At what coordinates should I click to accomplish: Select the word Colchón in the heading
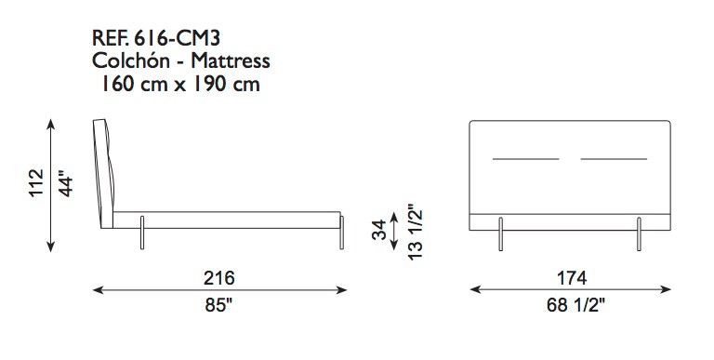pyautogui.click(x=131, y=60)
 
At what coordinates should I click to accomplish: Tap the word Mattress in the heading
pyautogui.click(x=231, y=60)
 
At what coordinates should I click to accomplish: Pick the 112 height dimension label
pyautogui.click(x=36, y=182)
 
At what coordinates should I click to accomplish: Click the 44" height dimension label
pyautogui.click(x=66, y=184)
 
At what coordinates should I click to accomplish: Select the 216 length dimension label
pyautogui.click(x=219, y=277)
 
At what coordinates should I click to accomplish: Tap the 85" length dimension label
pyautogui.click(x=218, y=305)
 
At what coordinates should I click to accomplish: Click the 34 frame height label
pyautogui.click(x=379, y=230)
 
